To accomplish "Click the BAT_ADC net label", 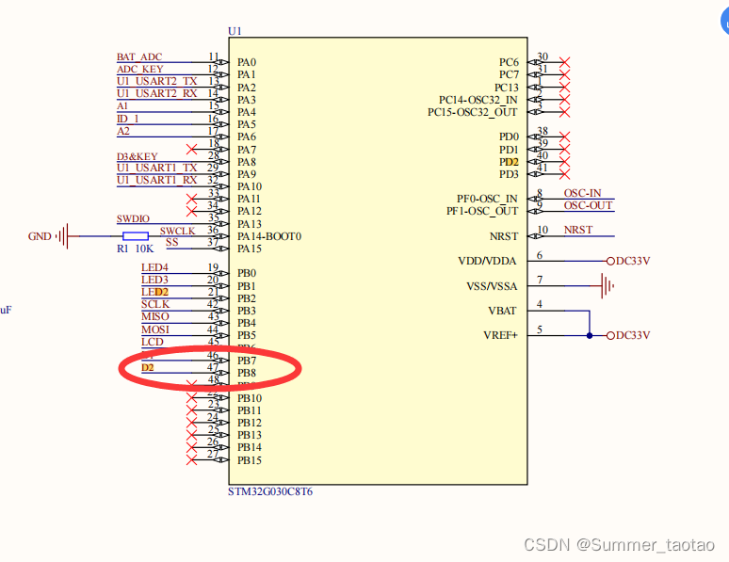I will pos(139,57).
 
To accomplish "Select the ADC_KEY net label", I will pos(139,70).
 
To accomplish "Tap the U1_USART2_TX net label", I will pos(157,82).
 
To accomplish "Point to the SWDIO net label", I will pos(133,218).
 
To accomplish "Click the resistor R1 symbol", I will pos(135,235).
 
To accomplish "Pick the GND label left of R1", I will pos(40,236).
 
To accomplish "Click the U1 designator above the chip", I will pos(235,31).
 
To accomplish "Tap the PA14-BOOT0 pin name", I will pos(268,236).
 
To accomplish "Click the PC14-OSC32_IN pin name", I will pos(478,100).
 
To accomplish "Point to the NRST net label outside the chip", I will pos(578,230).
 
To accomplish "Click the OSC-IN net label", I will pos(582,193).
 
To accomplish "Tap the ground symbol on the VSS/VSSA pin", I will pos(607,282).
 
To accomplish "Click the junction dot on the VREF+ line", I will pos(590,335).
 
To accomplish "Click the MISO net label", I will pos(155,316).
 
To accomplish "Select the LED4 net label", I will pos(154,267).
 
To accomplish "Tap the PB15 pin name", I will pos(249,460).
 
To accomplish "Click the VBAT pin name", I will pos(502,311).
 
